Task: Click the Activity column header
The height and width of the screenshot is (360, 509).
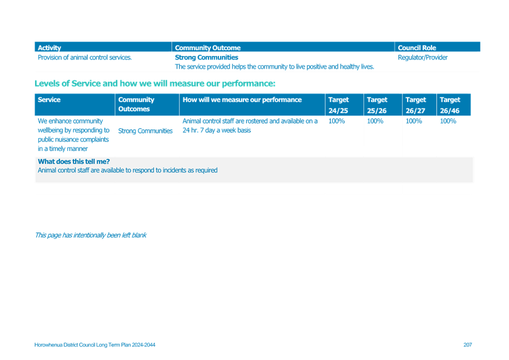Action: pos(50,48)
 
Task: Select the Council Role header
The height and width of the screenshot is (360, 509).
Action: pos(417,48)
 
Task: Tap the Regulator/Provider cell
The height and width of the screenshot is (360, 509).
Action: pos(423,58)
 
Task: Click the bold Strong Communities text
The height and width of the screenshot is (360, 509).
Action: pos(207,58)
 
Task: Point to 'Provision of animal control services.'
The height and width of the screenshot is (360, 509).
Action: pos(84,58)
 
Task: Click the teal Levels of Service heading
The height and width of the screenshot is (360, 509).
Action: pos(155,83)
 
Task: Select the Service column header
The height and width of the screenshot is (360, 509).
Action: pos(49,100)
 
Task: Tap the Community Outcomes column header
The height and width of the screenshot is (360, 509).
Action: pos(136,104)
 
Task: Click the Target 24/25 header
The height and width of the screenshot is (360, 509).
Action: pos(338,105)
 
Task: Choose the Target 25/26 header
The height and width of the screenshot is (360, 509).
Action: pos(377,105)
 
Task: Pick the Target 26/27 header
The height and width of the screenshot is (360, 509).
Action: pos(415,105)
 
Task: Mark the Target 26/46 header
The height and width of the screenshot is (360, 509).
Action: pos(450,105)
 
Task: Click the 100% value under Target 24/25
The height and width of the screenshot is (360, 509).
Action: pos(336,121)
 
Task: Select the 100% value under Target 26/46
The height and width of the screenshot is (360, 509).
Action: pos(448,121)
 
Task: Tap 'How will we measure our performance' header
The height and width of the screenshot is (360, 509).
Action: pos(242,100)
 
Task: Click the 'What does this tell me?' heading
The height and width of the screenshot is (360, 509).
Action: pos(74,161)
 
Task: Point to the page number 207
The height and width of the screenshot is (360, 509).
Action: pos(468,345)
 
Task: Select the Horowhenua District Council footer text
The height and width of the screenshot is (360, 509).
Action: pos(95,345)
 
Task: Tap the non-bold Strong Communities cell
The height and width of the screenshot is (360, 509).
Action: pos(145,131)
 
